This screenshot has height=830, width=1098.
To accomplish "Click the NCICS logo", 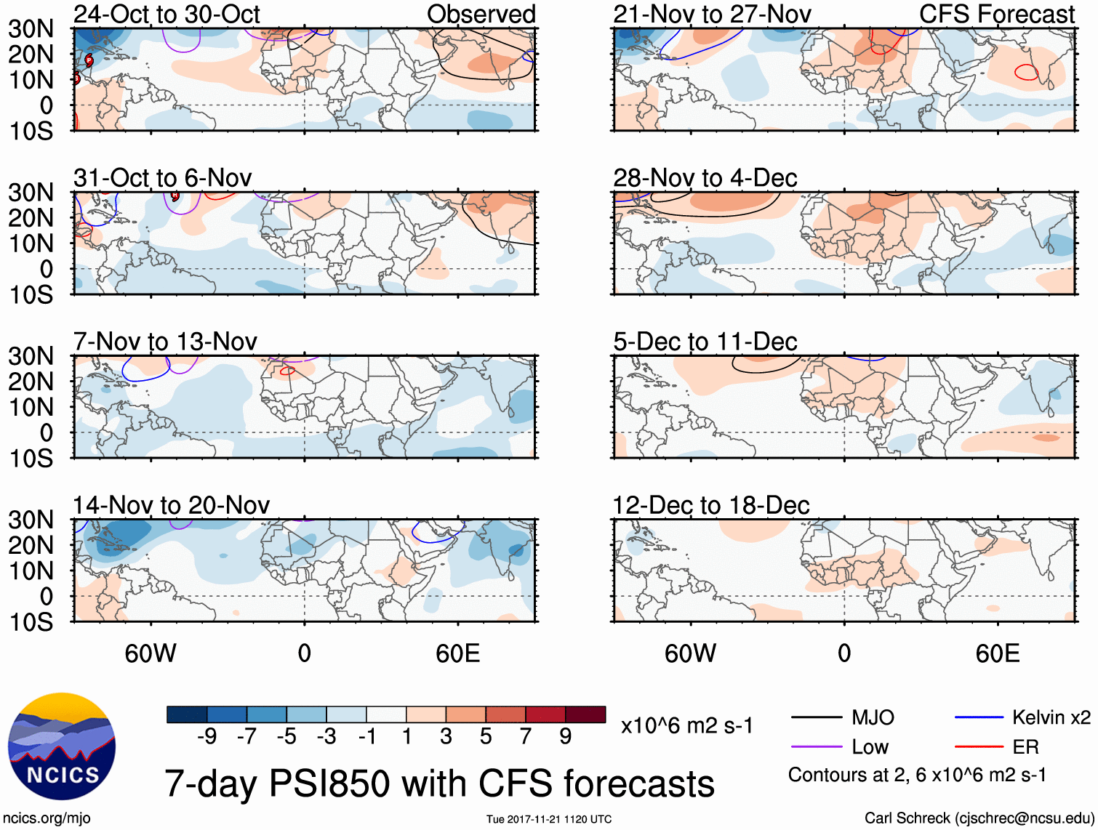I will click(61, 746).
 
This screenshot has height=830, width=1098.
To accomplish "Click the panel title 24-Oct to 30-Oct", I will click(167, 14).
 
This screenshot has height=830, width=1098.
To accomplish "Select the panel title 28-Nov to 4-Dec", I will click(705, 178).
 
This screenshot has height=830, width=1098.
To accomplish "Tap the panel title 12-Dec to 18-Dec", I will click(710, 505).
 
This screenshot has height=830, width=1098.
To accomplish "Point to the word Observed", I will click(481, 14).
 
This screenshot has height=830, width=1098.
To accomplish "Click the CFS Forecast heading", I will click(996, 14).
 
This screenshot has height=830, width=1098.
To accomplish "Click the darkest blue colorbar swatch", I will click(186, 714).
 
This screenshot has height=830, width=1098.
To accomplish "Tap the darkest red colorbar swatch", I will click(585, 714).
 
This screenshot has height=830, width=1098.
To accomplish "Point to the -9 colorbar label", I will click(207, 737).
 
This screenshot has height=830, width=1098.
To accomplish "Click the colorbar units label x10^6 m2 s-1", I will click(686, 725).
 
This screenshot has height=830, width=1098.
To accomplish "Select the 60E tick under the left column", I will click(457, 653).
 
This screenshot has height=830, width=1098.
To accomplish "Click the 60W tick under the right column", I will click(690, 653).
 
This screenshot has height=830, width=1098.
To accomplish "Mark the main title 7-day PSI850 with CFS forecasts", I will click(439, 783).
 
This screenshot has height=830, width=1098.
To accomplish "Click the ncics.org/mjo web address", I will click(47, 818).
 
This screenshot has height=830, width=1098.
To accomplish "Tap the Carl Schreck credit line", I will click(979, 818).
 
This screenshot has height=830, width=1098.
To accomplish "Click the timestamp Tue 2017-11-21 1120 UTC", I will click(549, 819).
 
